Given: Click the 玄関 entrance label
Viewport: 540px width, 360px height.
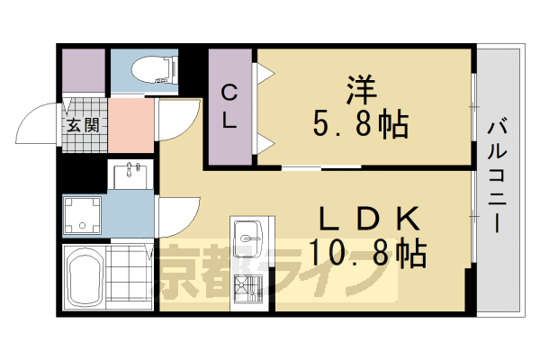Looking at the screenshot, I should point(81,125).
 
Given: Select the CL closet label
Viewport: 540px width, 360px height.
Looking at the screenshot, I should point(229,107).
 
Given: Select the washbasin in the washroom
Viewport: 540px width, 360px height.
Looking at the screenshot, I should point(132,173).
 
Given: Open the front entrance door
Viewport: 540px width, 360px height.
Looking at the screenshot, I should point(40,126).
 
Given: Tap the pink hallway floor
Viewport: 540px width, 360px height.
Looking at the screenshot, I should point(131,126).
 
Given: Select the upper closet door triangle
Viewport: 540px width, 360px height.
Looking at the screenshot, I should point(265,71).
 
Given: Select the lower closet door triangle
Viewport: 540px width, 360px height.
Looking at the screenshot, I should point(265,142).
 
